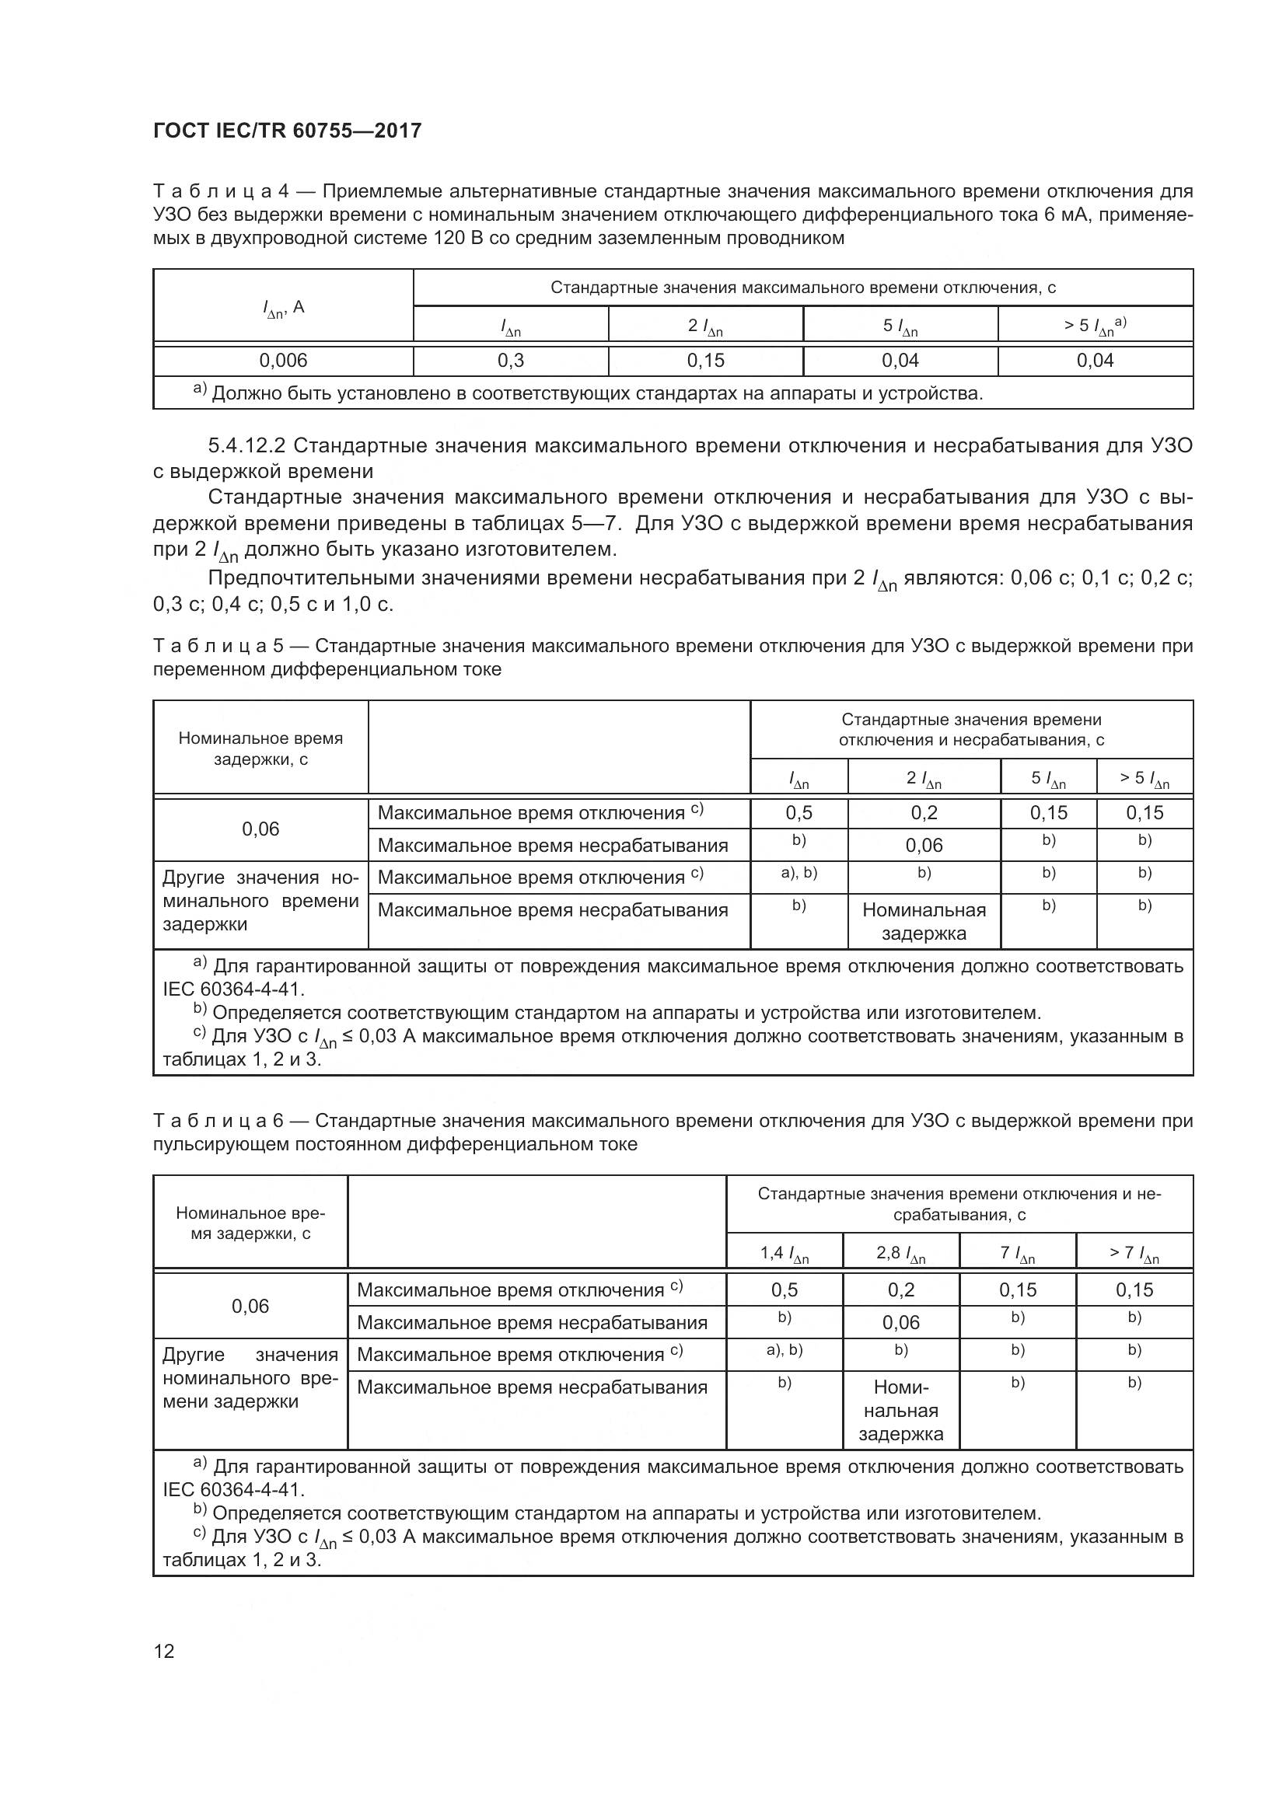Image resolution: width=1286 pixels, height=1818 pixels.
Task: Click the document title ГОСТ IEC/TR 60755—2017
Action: [287, 131]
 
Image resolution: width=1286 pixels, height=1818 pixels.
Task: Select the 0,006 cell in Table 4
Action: [283, 361]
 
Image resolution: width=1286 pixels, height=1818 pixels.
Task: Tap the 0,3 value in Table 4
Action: [511, 361]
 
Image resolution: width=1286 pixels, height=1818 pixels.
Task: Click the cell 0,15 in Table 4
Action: [705, 361]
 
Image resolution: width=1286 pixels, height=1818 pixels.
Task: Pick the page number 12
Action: [164, 1651]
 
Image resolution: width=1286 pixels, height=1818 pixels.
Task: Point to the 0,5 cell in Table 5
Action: [799, 812]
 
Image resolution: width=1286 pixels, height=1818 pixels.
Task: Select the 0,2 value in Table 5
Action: [924, 812]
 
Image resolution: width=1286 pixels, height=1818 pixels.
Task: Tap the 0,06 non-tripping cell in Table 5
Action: [924, 846]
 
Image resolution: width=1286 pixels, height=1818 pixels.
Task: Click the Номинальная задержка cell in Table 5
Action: [924, 922]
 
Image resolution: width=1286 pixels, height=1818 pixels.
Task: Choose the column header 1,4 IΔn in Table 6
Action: [784, 1254]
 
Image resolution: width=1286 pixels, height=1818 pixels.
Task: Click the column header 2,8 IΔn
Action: [901, 1254]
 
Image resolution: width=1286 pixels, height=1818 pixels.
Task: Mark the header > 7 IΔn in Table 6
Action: [1134, 1254]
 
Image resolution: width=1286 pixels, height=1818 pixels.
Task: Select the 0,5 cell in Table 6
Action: [784, 1290]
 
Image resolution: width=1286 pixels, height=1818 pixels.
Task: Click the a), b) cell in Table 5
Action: [799, 874]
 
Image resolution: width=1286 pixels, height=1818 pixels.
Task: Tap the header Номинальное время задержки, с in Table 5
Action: [260, 748]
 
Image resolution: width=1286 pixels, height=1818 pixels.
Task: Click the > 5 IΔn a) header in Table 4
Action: [1096, 326]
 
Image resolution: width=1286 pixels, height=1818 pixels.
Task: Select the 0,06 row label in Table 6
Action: [250, 1307]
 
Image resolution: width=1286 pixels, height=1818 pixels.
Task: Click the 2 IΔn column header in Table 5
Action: [924, 779]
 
